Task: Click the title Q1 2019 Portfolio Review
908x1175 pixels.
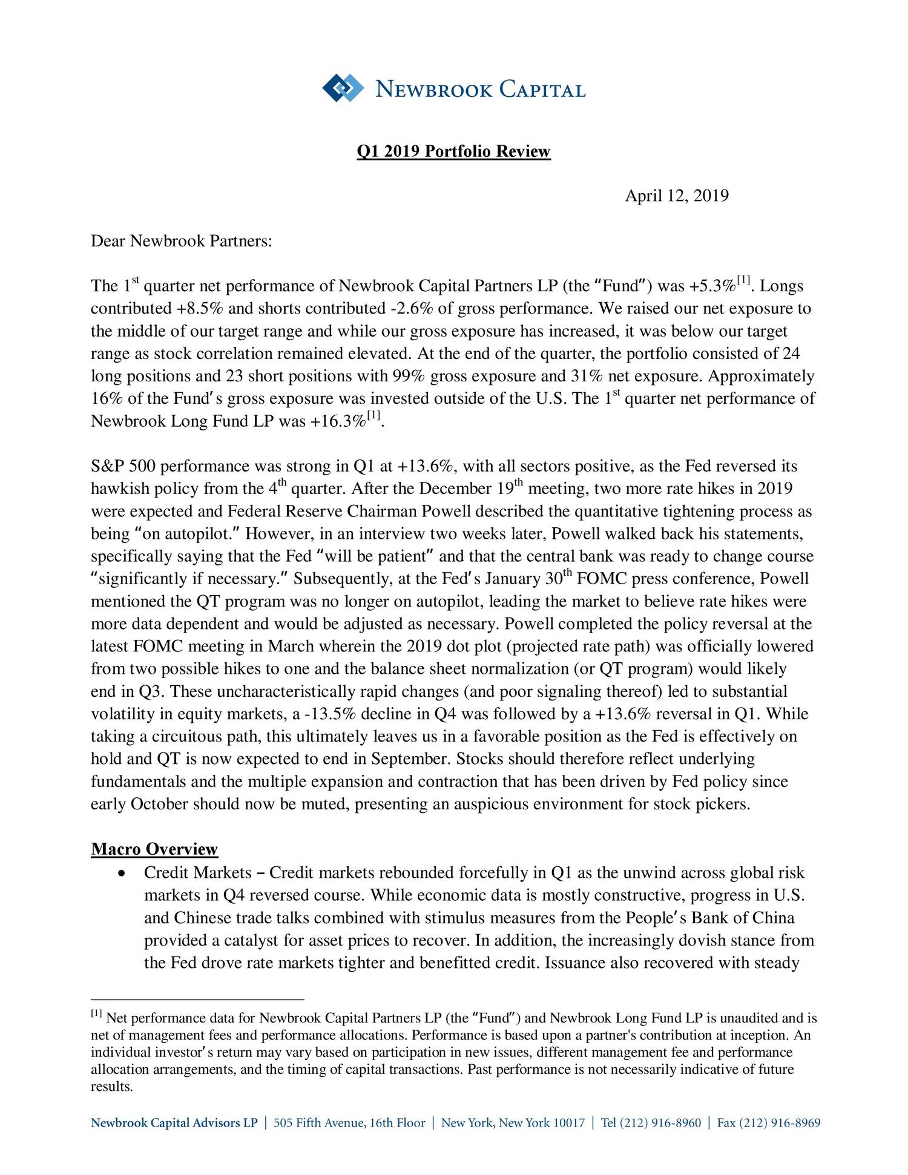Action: [x=453, y=151]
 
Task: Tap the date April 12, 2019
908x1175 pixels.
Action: [x=676, y=196]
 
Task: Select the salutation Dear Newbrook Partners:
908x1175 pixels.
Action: [x=182, y=242]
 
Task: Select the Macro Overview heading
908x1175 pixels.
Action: [x=154, y=849]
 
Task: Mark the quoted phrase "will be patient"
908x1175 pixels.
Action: [x=381, y=556]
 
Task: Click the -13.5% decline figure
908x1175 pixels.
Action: [x=327, y=714]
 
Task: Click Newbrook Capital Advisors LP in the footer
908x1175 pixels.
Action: [x=174, y=1124]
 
